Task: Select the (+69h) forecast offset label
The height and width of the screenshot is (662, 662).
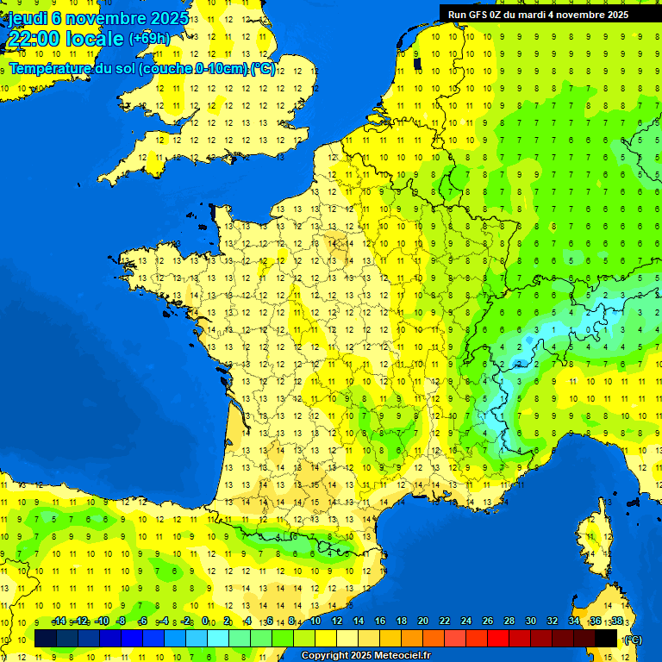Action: click(149, 39)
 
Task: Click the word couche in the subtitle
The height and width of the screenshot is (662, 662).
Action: click(168, 68)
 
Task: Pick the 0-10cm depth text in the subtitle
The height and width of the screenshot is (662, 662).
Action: click(220, 68)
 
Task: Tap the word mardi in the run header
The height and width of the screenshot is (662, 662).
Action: click(531, 15)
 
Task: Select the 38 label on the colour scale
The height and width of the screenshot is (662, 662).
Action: click(616, 621)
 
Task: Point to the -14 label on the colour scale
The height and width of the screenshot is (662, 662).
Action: click(59, 621)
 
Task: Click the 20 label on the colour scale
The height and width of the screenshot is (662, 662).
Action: click(423, 621)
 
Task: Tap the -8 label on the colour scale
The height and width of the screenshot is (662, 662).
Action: click(122, 621)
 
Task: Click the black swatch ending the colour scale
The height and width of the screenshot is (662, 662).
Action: click(606, 638)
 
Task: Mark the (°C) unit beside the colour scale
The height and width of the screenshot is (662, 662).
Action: click(633, 639)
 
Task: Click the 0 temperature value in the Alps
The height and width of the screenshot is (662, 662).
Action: click(587, 328)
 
